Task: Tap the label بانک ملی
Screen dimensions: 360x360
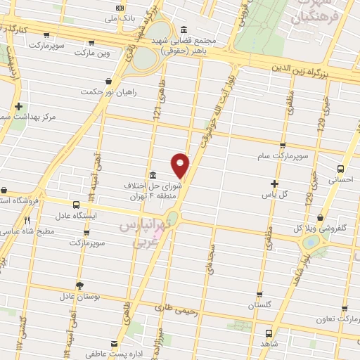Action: [120, 18]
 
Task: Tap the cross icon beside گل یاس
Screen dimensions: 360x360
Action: [274, 184]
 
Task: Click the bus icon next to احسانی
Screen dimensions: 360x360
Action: [341, 169]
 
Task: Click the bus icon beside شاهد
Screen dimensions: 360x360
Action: [268, 333]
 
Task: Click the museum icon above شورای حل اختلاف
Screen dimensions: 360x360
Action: [153, 175]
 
